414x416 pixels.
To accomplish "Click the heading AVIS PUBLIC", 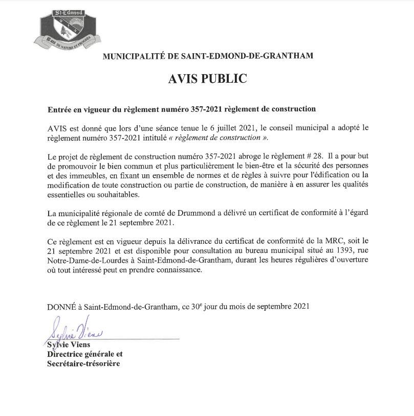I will click(x=207, y=79).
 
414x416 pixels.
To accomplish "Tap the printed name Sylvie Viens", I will click(x=69, y=345).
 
